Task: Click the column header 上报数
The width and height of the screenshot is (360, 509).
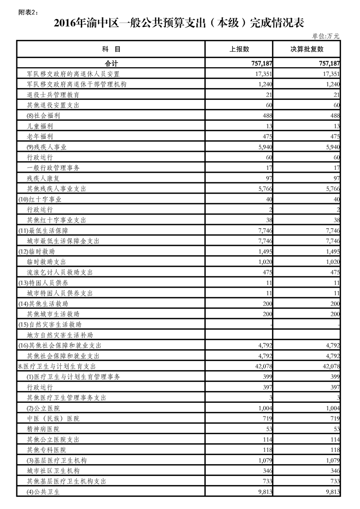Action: [x=239, y=49]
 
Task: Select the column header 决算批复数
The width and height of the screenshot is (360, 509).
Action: [x=307, y=49]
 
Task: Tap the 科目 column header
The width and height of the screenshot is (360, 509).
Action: [x=111, y=49]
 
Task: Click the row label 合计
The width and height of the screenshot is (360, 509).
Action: [x=111, y=64]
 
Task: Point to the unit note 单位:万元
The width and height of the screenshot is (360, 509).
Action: [x=325, y=36]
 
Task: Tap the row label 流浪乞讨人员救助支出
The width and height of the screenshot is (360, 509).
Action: [x=60, y=272]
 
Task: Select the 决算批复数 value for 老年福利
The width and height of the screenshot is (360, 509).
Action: [x=333, y=137]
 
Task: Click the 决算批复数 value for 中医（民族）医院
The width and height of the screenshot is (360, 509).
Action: [x=333, y=418]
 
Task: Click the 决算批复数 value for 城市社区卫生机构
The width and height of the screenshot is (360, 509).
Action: [x=333, y=470]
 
